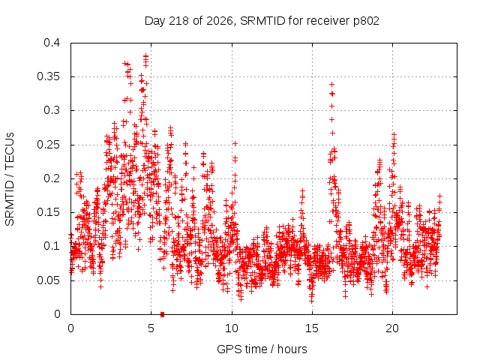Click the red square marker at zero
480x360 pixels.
[162, 314]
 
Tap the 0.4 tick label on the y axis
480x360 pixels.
[52, 43]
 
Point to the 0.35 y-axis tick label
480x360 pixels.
[48, 76]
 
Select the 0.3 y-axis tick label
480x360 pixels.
[52, 110]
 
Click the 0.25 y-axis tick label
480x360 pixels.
[48, 145]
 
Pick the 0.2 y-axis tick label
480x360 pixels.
[52, 178]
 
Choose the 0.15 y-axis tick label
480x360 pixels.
[48, 212]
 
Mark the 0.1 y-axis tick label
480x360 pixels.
[52, 246]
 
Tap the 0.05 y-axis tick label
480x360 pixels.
[48, 280]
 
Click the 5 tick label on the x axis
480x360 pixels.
[151, 328]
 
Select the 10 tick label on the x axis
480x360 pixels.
[232, 328]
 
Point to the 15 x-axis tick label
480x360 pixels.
[312, 328]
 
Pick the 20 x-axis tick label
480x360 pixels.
[392, 328]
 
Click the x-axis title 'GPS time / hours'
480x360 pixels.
[262, 349]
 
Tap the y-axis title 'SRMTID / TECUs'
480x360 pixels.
[10, 179]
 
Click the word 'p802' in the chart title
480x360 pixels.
[366, 21]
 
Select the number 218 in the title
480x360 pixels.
[179, 21]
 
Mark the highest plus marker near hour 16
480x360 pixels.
[331, 84]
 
